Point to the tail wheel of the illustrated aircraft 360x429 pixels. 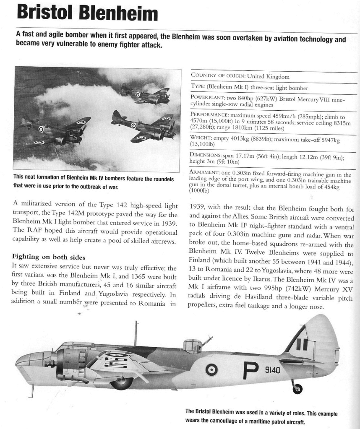click(297, 389)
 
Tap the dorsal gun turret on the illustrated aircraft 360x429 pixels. click(193, 346)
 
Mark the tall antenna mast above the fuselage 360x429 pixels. click(136, 333)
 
